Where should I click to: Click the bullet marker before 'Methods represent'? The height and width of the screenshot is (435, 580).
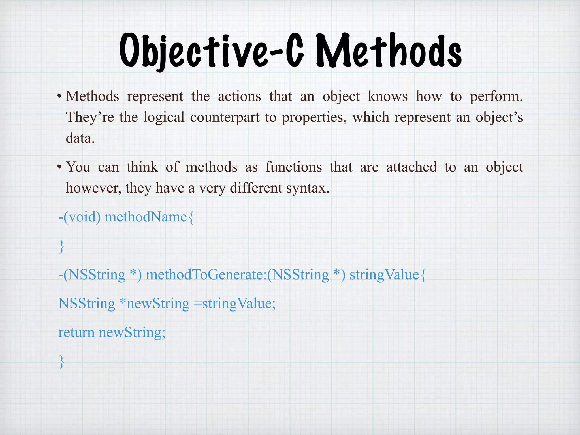point(59,96)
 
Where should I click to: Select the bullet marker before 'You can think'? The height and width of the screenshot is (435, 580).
point(59,167)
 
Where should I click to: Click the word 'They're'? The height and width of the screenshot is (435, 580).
point(90,117)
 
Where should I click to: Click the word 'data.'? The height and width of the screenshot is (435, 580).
point(80,138)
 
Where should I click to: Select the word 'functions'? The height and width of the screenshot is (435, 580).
point(294,167)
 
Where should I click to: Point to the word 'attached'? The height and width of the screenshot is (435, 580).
point(411,167)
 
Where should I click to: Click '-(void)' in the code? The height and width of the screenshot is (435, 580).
point(79,217)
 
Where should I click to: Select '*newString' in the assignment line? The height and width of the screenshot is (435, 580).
point(154,304)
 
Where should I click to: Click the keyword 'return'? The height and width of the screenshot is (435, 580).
point(76,333)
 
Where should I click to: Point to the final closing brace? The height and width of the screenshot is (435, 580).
point(61,362)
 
